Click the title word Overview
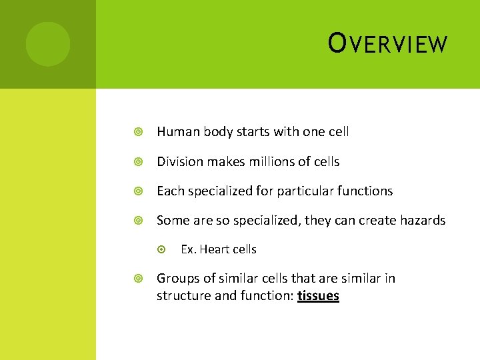388,44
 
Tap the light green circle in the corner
47,44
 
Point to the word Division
180,161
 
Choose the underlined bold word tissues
319,295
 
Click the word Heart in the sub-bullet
214,249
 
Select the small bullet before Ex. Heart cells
161,249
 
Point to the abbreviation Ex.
187,249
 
